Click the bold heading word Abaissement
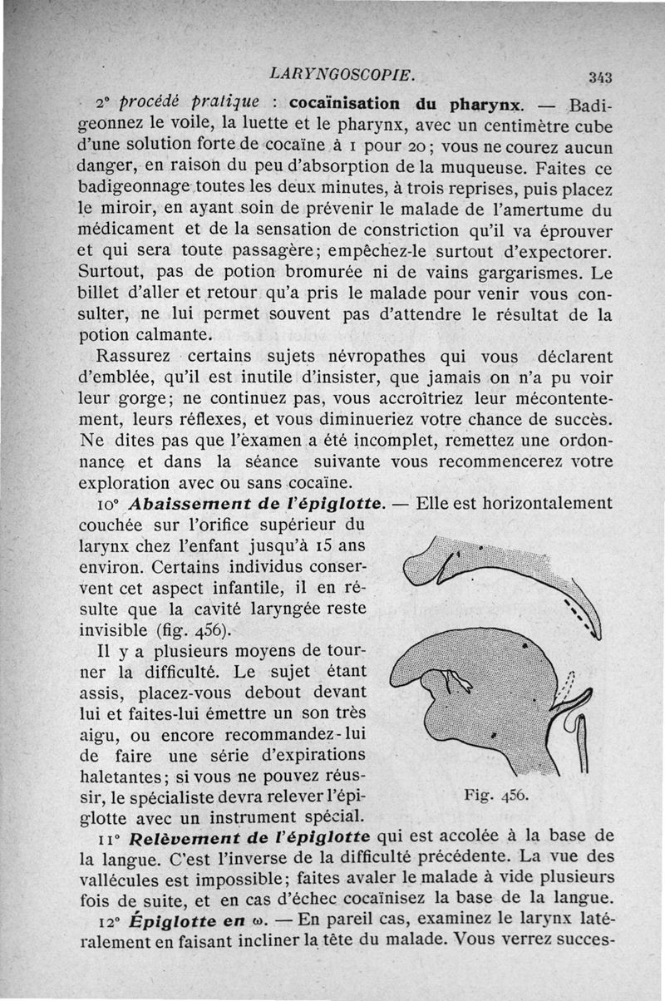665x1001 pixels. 185,504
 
